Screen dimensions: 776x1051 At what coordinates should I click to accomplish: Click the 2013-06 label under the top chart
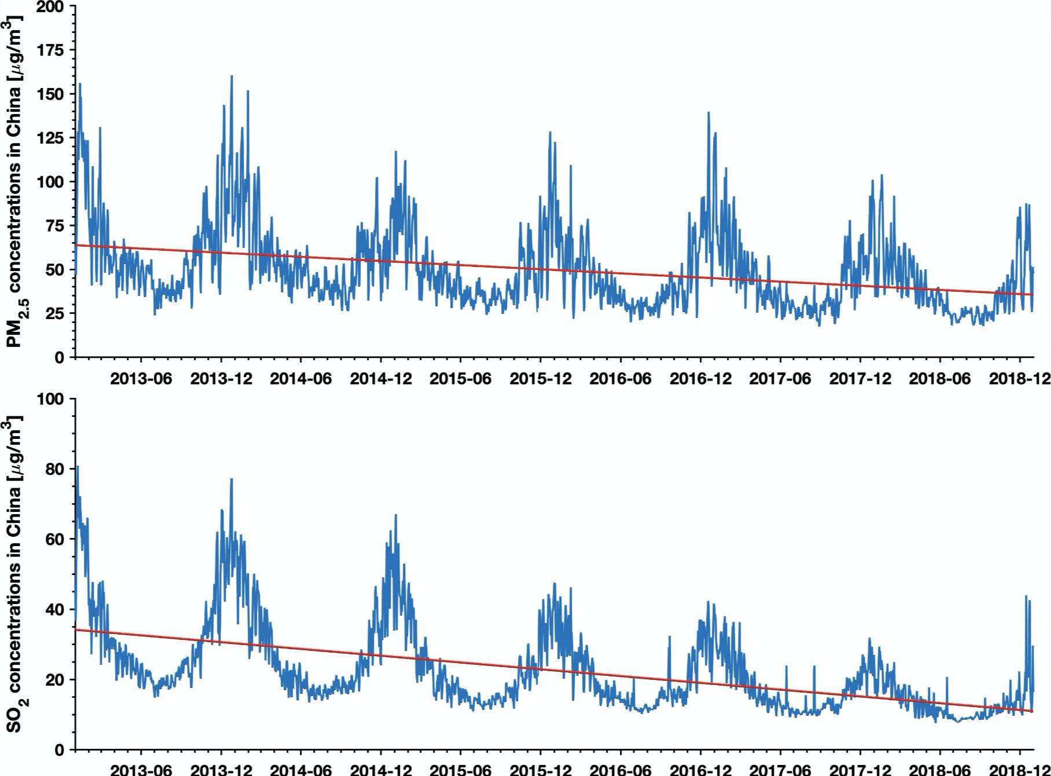(x=141, y=379)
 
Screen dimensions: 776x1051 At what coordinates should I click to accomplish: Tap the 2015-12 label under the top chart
(x=541, y=379)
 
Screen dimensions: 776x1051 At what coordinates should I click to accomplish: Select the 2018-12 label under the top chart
(x=1020, y=379)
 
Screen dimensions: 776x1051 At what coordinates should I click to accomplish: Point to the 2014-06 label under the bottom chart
(x=301, y=770)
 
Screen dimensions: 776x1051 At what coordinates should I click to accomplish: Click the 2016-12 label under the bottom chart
(x=700, y=770)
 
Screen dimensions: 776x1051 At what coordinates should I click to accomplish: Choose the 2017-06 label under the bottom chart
(x=780, y=770)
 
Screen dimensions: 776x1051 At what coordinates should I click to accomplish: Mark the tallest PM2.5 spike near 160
(x=231, y=76)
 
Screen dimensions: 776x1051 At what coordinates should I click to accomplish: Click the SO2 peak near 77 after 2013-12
(x=231, y=479)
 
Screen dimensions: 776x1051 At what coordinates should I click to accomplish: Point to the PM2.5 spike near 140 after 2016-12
(x=708, y=113)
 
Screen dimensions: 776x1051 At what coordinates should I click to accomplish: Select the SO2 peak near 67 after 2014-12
(x=396, y=515)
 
